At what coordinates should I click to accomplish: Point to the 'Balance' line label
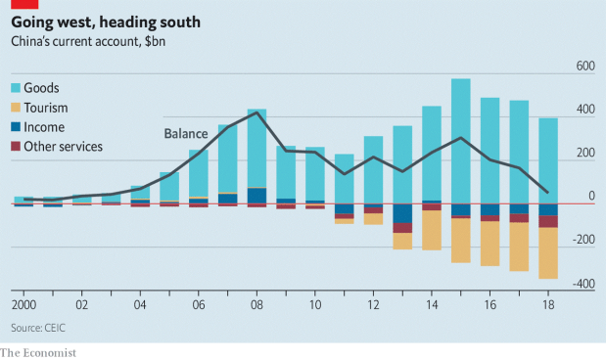[186, 134]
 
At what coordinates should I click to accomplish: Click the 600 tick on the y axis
[584, 67]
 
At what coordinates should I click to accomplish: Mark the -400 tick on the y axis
[583, 284]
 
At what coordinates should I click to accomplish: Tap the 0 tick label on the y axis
[590, 197]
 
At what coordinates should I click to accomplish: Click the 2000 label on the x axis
[24, 305]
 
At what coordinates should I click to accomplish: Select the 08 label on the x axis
[256, 305]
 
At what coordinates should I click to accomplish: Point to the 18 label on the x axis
[547, 305]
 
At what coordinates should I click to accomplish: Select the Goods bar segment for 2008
[256, 147]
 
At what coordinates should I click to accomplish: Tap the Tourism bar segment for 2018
[547, 253]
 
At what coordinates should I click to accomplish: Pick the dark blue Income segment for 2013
[402, 214]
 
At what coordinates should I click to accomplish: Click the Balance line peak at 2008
[256, 112]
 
